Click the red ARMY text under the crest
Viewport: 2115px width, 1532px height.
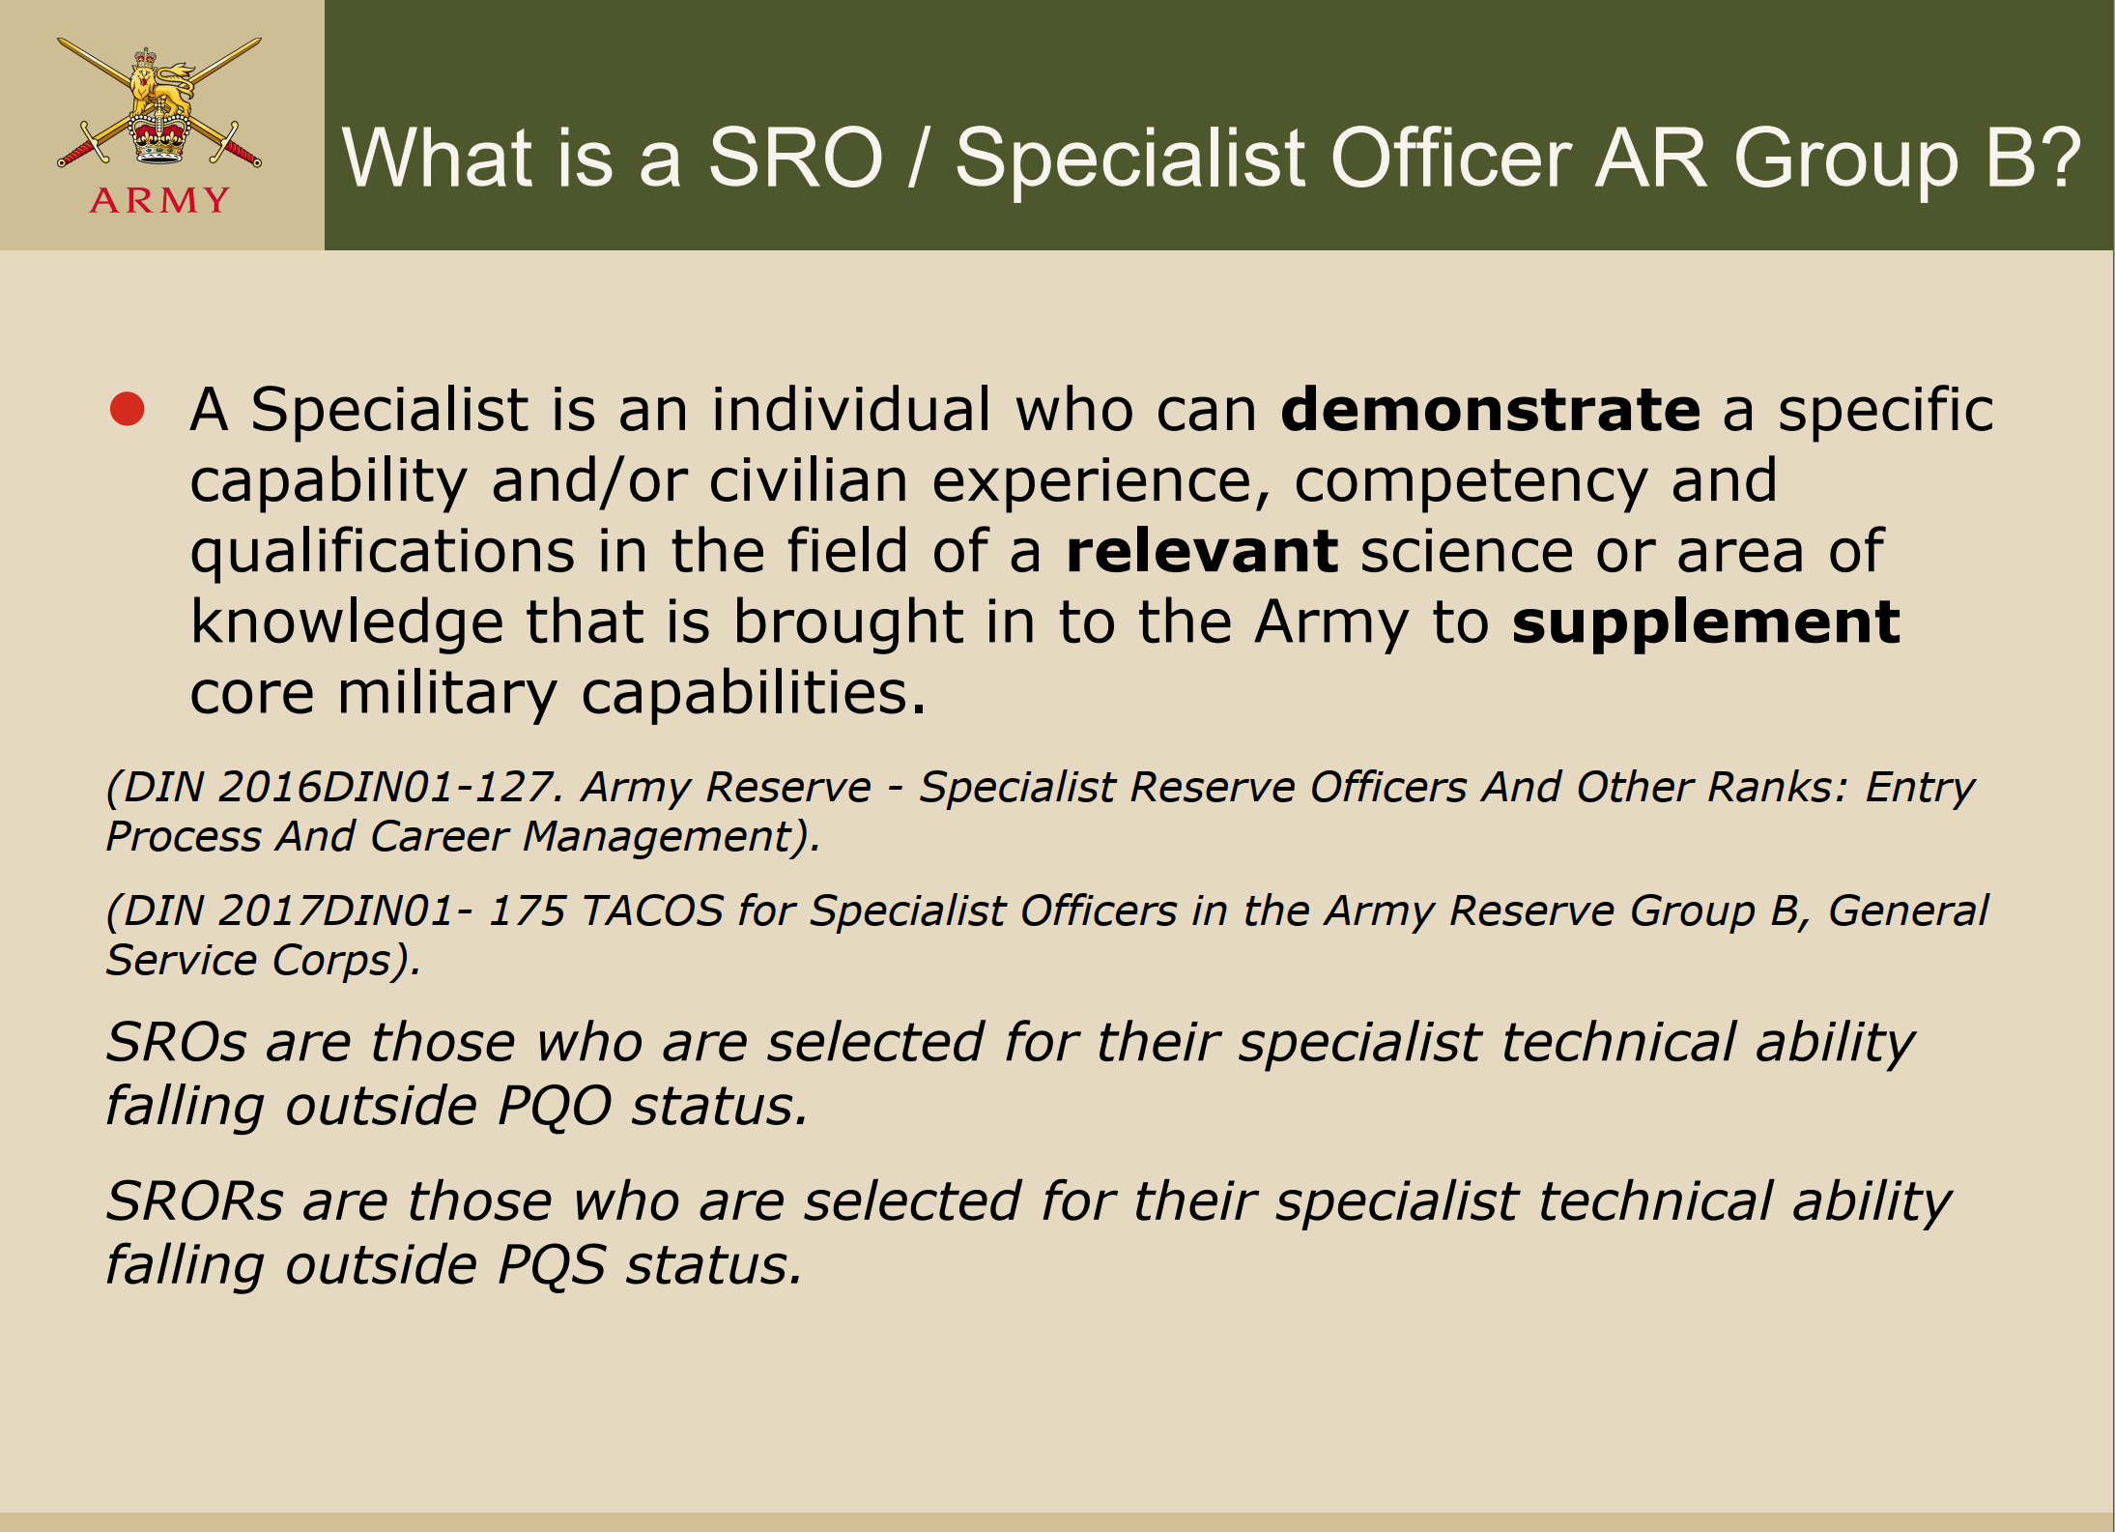pyautogui.click(x=159, y=200)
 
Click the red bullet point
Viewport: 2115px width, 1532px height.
pyautogui.click(x=128, y=409)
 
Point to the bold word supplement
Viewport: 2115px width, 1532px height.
pyautogui.click(x=1706, y=623)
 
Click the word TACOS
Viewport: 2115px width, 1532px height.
pyautogui.click(x=652, y=911)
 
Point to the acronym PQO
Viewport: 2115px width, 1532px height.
pyautogui.click(x=554, y=1105)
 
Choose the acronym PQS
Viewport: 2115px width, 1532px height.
pyautogui.click(x=551, y=1264)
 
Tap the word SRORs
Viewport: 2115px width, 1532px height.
pyautogui.click(x=195, y=1200)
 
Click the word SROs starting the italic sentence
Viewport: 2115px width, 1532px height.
pyautogui.click(x=177, y=1042)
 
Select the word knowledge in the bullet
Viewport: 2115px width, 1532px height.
pyautogui.click(x=347, y=623)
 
